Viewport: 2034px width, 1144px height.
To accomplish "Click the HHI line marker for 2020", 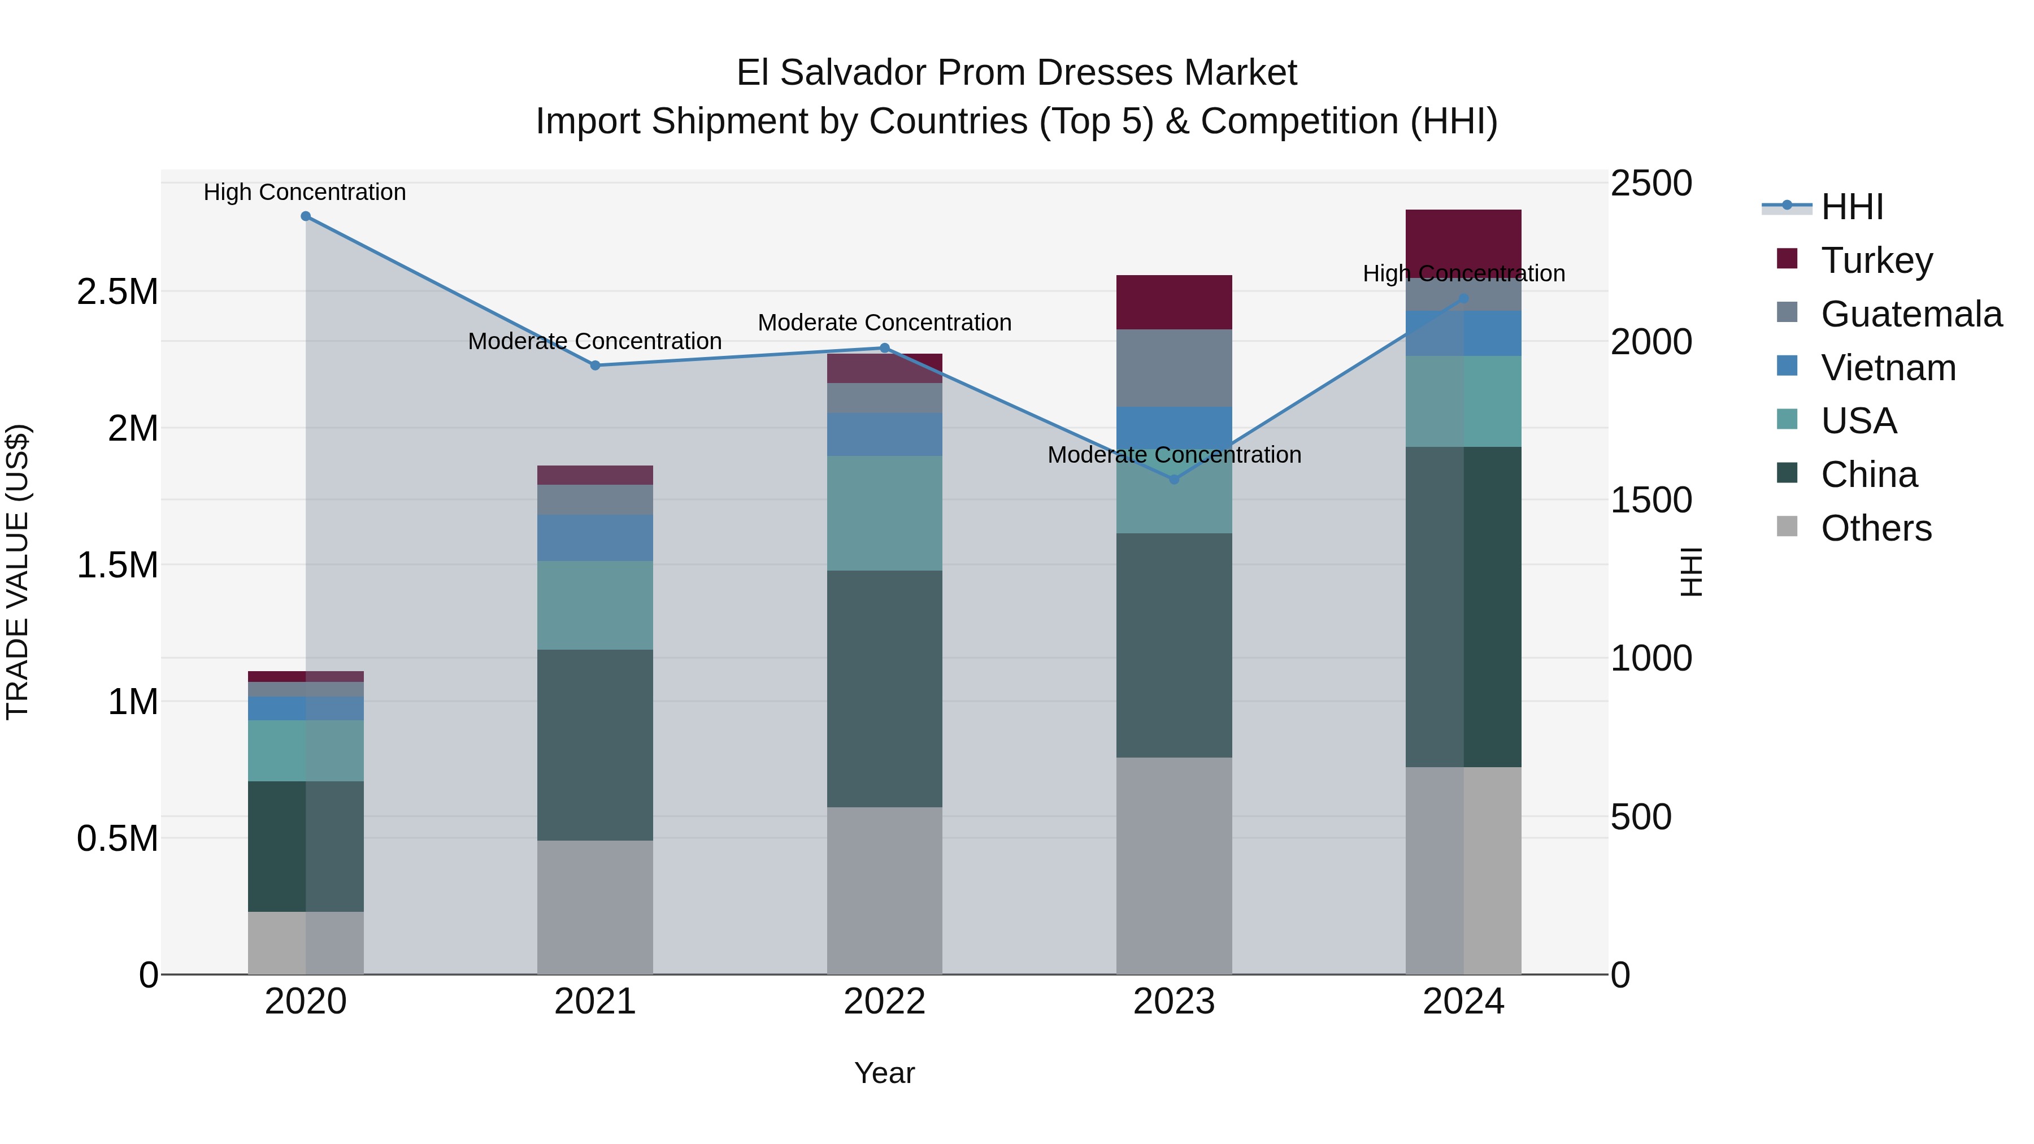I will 306,216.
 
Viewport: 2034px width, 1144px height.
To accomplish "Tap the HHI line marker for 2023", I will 1174,479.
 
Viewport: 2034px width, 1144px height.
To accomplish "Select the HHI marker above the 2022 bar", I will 884,348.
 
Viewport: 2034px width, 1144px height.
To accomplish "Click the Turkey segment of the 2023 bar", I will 1174,302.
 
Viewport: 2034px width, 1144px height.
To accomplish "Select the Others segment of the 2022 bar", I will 884,890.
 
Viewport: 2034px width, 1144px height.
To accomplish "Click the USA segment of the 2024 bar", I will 1463,401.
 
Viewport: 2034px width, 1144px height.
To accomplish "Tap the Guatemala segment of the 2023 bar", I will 1174,368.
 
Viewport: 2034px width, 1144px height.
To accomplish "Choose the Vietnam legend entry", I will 1887,368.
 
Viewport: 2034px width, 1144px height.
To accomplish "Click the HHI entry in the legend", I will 1851,207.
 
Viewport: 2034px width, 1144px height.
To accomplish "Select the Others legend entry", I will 1875,528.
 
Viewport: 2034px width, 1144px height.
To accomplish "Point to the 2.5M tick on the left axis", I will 117,292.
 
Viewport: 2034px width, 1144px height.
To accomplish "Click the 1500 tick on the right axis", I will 1650,500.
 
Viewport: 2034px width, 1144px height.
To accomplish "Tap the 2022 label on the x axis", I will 884,1002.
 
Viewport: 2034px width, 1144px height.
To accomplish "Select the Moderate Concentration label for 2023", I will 1174,455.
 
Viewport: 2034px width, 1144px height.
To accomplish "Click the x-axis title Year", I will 884,1073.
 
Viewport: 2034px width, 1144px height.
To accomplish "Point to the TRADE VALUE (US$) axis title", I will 18,572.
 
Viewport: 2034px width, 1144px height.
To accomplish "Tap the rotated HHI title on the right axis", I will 1691,572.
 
